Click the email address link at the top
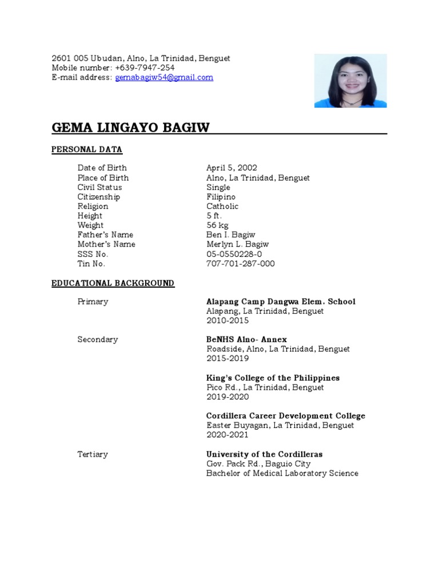pyautogui.click(x=164, y=78)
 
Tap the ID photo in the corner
pyautogui.click(x=350, y=81)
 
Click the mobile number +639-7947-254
pyautogui.click(x=145, y=68)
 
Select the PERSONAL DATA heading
pyautogui.click(x=87, y=150)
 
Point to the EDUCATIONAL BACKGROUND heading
pyautogui.click(x=113, y=283)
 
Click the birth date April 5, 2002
pyautogui.click(x=232, y=168)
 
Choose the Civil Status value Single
pyautogui.click(x=218, y=188)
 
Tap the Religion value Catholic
pyautogui.click(x=222, y=207)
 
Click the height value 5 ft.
pyautogui.click(x=214, y=216)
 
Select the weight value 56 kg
pyautogui.click(x=217, y=225)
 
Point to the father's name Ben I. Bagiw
pyautogui.click(x=230, y=235)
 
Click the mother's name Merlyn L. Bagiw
pyautogui.click(x=237, y=244)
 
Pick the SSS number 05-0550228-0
pyautogui.click(x=234, y=254)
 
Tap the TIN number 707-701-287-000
pyautogui.click(x=240, y=264)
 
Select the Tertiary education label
pyautogui.click(x=93, y=454)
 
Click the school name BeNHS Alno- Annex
pyautogui.click(x=246, y=340)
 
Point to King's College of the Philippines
pyautogui.click(x=273, y=378)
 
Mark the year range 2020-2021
pyautogui.click(x=228, y=435)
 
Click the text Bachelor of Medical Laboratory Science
pyautogui.click(x=282, y=473)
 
